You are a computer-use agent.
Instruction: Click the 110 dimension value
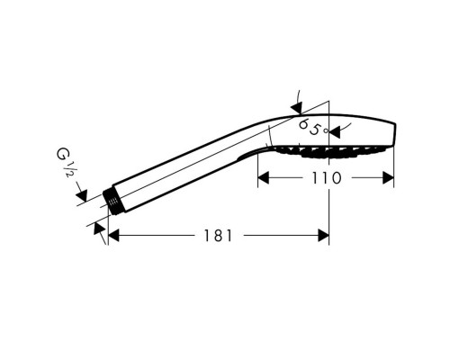(x=327, y=178)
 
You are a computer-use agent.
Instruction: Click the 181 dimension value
(x=218, y=236)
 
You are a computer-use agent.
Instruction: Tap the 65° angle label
(x=313, y=127)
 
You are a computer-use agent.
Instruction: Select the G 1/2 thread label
(x=65, y=162)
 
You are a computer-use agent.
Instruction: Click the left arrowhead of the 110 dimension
(x=264, y=178)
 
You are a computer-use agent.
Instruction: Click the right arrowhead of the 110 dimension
(x=388, y=178)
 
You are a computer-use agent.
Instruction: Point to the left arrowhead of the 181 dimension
(x=113, y=235)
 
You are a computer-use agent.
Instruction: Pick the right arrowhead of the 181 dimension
(x=323, y=235)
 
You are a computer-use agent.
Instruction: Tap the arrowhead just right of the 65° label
(x=335, y=132)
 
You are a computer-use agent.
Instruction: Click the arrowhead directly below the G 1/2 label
(x=82, y=195)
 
